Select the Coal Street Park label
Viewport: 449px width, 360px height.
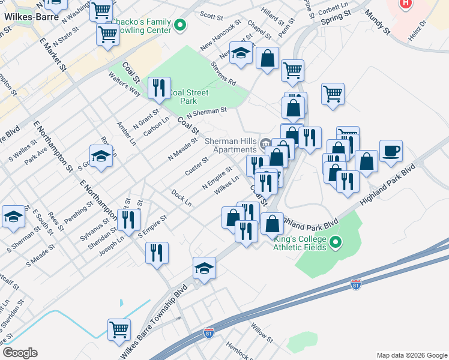(x=188, y=97)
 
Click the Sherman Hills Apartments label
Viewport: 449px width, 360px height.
(x=231, y=145)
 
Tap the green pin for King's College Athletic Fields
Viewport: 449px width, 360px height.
(x=336, y=243)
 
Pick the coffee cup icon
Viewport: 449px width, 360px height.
(x=391, y=151)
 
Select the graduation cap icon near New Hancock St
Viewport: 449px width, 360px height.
(x=241, y=54)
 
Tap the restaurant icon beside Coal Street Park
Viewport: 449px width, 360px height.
(x=159, y=88)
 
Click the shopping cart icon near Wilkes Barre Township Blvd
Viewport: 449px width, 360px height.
(x=119, y=329)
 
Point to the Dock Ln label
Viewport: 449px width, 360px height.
(x=181, y=198)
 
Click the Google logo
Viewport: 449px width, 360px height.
(x=20, y=353)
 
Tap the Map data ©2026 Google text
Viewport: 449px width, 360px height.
(x=411, y=355)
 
